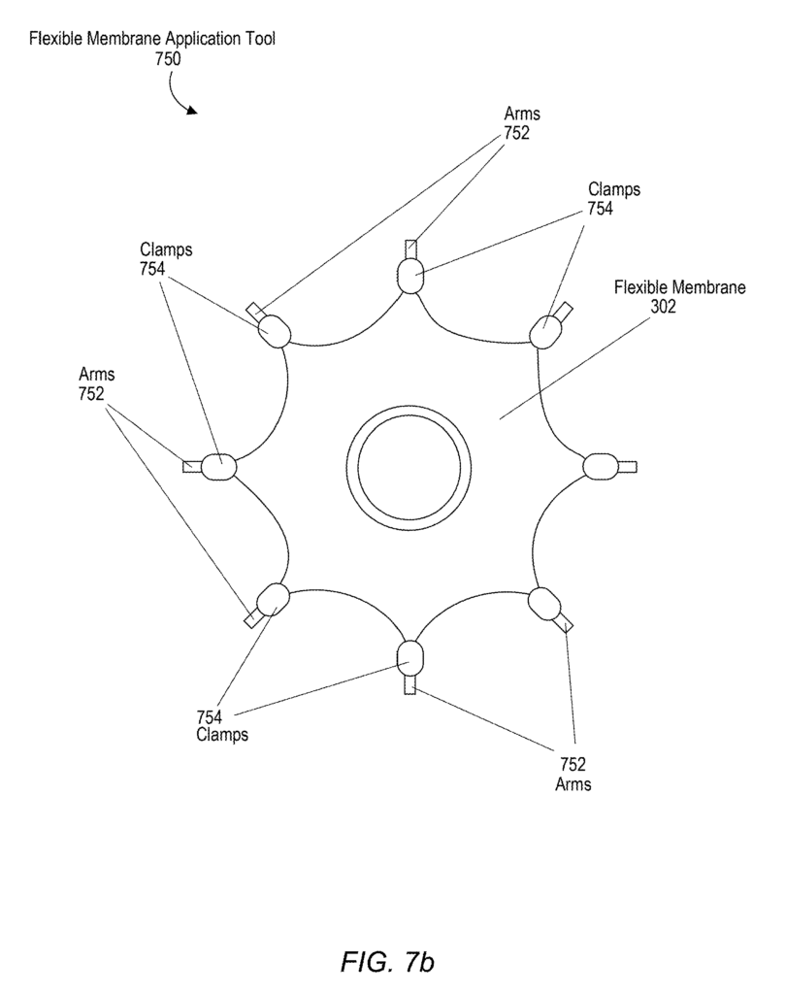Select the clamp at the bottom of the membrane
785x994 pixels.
(x=409, y=658)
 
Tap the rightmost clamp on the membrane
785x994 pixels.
(x=600, y=467)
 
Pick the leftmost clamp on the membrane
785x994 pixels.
(x=218, y=467)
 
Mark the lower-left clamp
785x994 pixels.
(x=273, y=599)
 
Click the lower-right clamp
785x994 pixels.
(x=545, y=604)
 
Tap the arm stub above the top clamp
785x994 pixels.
(x=411, y=249)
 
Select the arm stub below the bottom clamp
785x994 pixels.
(x=409, y=684)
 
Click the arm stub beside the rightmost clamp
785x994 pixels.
(x=627, y=467)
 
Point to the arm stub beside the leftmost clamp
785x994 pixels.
(x=192, y=467)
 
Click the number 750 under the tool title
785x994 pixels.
(x=168, y=59)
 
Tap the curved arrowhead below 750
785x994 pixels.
(x=192, y=111)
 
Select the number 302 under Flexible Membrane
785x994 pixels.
(x=664, y=307)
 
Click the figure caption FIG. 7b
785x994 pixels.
(x=388, y=962)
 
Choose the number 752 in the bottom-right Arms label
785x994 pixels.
(x=572, y=764)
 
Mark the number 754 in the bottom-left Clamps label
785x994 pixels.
(x=209, y=717)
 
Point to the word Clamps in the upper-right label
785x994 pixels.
(x=614, y=189)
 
